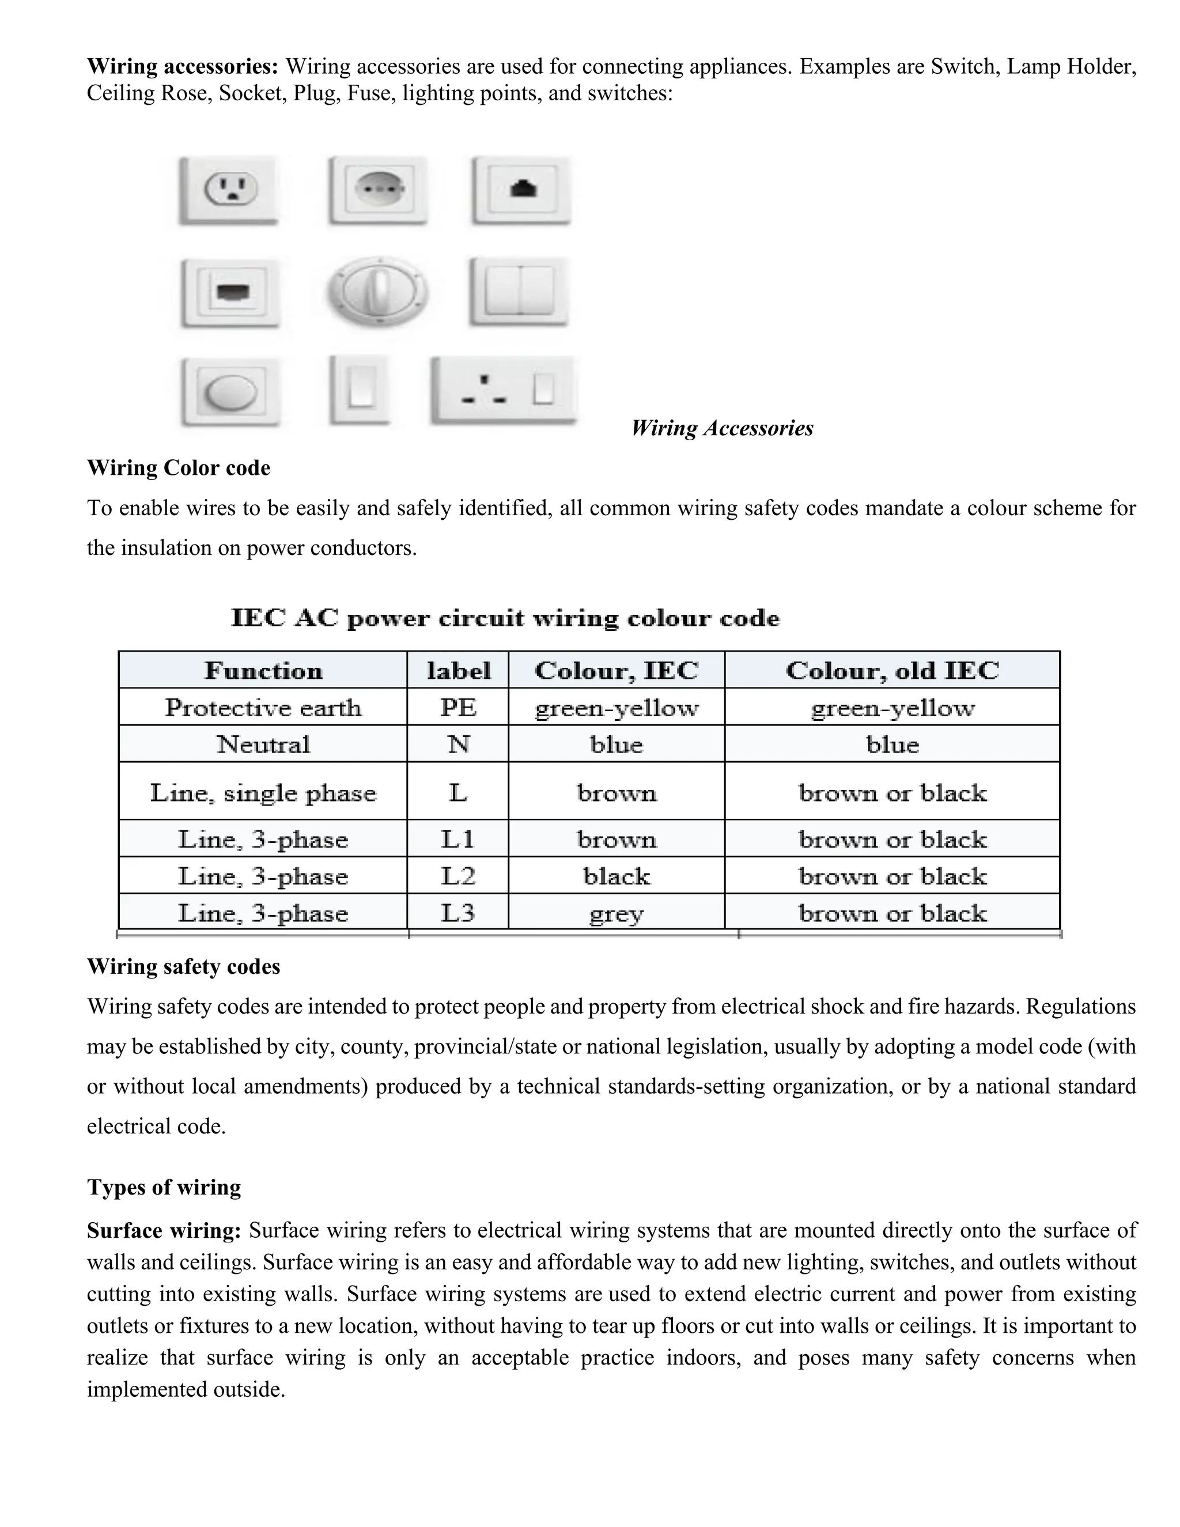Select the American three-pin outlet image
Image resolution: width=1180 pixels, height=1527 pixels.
[229, 190]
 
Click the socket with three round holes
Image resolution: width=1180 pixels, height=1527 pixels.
[378, 190]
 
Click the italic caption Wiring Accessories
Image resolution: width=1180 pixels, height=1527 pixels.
[721, 428]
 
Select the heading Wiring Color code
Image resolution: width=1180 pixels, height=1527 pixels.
[178, 468]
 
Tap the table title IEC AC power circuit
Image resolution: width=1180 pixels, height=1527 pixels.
[505, 619]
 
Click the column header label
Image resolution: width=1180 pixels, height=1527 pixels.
[458, 671]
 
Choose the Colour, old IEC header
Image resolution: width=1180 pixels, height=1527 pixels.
[892, 671]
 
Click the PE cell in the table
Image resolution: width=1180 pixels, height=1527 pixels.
[458, 708]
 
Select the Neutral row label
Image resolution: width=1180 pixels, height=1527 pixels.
[263, 744]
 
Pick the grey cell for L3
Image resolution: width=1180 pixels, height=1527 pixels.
[616, 913]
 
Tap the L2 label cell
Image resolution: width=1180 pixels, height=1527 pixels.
[458, 876]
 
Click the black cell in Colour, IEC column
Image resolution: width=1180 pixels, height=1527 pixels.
[616, 876]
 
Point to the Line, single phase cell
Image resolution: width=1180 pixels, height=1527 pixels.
[263, 793]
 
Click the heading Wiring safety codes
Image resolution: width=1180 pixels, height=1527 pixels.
[183, 966]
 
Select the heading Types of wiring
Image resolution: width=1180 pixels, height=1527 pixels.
[164, 1187]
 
